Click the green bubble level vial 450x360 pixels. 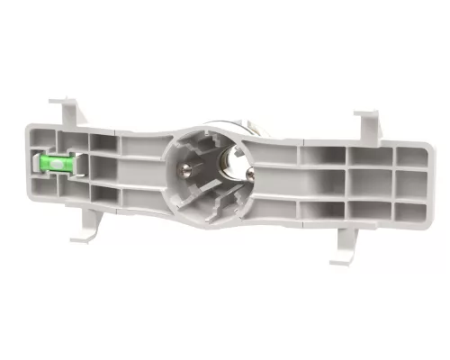51,162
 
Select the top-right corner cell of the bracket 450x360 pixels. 412,156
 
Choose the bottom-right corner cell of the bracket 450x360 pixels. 409,211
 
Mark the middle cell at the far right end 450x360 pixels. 411,184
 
